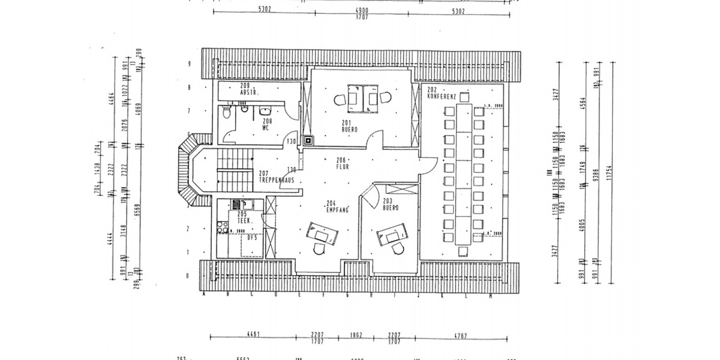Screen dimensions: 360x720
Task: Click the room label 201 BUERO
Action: (x=349, y=125)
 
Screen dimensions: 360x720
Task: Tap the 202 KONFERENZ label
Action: (x=442, y=92)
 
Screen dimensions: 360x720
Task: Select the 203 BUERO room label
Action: (x=391, y=205)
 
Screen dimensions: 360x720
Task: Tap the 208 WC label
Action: (x=268, y=124)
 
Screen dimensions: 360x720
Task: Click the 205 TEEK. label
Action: (x=242, y=218)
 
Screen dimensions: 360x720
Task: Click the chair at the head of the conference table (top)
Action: (x=464, y=97)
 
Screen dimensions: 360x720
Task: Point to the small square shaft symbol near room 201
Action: (x=308, y=141)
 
